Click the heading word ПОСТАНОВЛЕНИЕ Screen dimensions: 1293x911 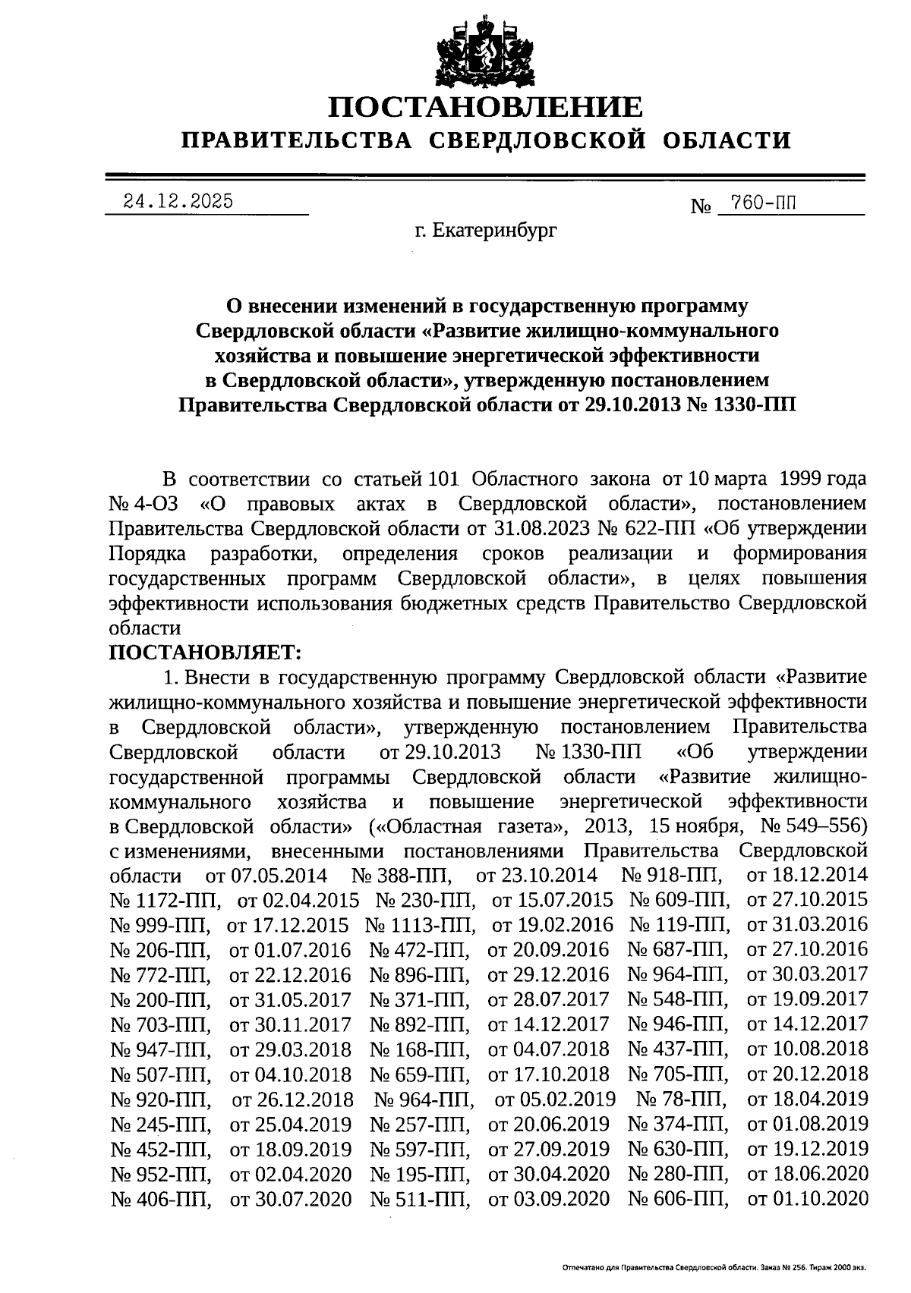485,107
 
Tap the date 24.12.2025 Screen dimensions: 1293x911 179,202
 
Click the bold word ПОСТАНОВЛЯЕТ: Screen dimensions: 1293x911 206,652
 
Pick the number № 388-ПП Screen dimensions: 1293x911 402,875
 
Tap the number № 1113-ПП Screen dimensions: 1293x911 420,925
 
